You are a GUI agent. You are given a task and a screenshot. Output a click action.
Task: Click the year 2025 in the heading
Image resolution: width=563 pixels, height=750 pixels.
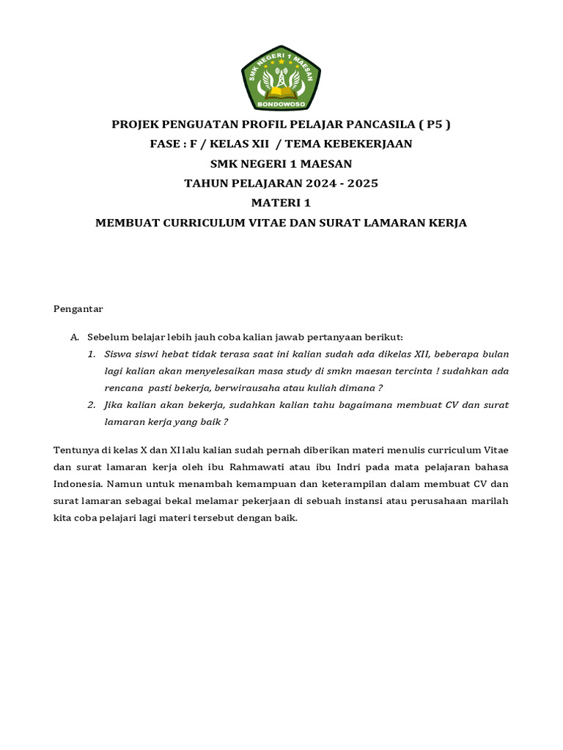tap(364, 183)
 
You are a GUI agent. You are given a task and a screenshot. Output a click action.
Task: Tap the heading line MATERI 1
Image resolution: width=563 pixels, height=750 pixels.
tap(281, 203)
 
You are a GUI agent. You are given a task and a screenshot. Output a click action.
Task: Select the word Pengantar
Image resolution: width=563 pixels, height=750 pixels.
tap(78, 309)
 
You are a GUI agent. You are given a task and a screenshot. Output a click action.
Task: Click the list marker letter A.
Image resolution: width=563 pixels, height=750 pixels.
tap(74, 337)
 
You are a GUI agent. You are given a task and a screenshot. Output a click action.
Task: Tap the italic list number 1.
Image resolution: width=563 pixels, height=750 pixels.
tap(92, 354)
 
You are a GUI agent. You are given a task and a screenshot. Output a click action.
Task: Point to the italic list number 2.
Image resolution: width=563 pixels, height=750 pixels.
tap(92, 405)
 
